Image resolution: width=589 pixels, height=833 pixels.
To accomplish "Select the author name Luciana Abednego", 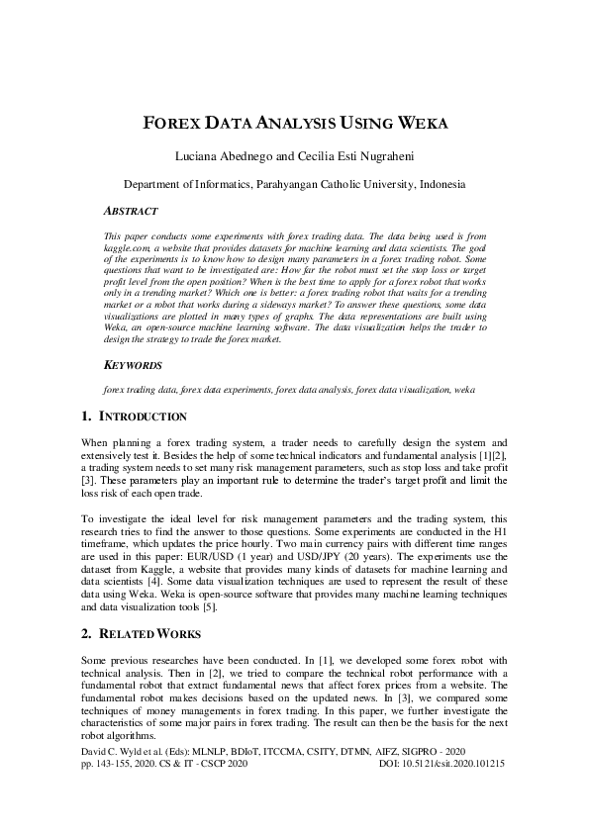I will point(223,156).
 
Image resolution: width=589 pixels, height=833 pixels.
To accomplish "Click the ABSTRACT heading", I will point(130,211).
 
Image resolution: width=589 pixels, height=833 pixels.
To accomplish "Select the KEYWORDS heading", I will point(133,365).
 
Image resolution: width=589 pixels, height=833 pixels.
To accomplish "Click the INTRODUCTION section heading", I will point(143,416).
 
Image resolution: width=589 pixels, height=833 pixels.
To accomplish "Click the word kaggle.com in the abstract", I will point(126,249).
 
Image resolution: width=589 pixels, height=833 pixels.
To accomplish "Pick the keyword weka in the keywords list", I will point(464,391).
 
